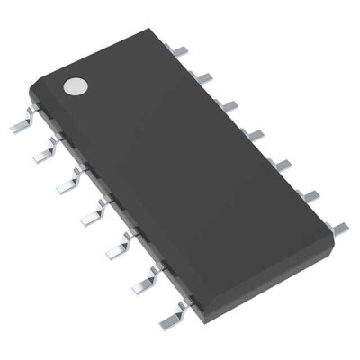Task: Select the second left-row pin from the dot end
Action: pos(40,155)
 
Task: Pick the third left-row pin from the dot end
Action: pos(64,184)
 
